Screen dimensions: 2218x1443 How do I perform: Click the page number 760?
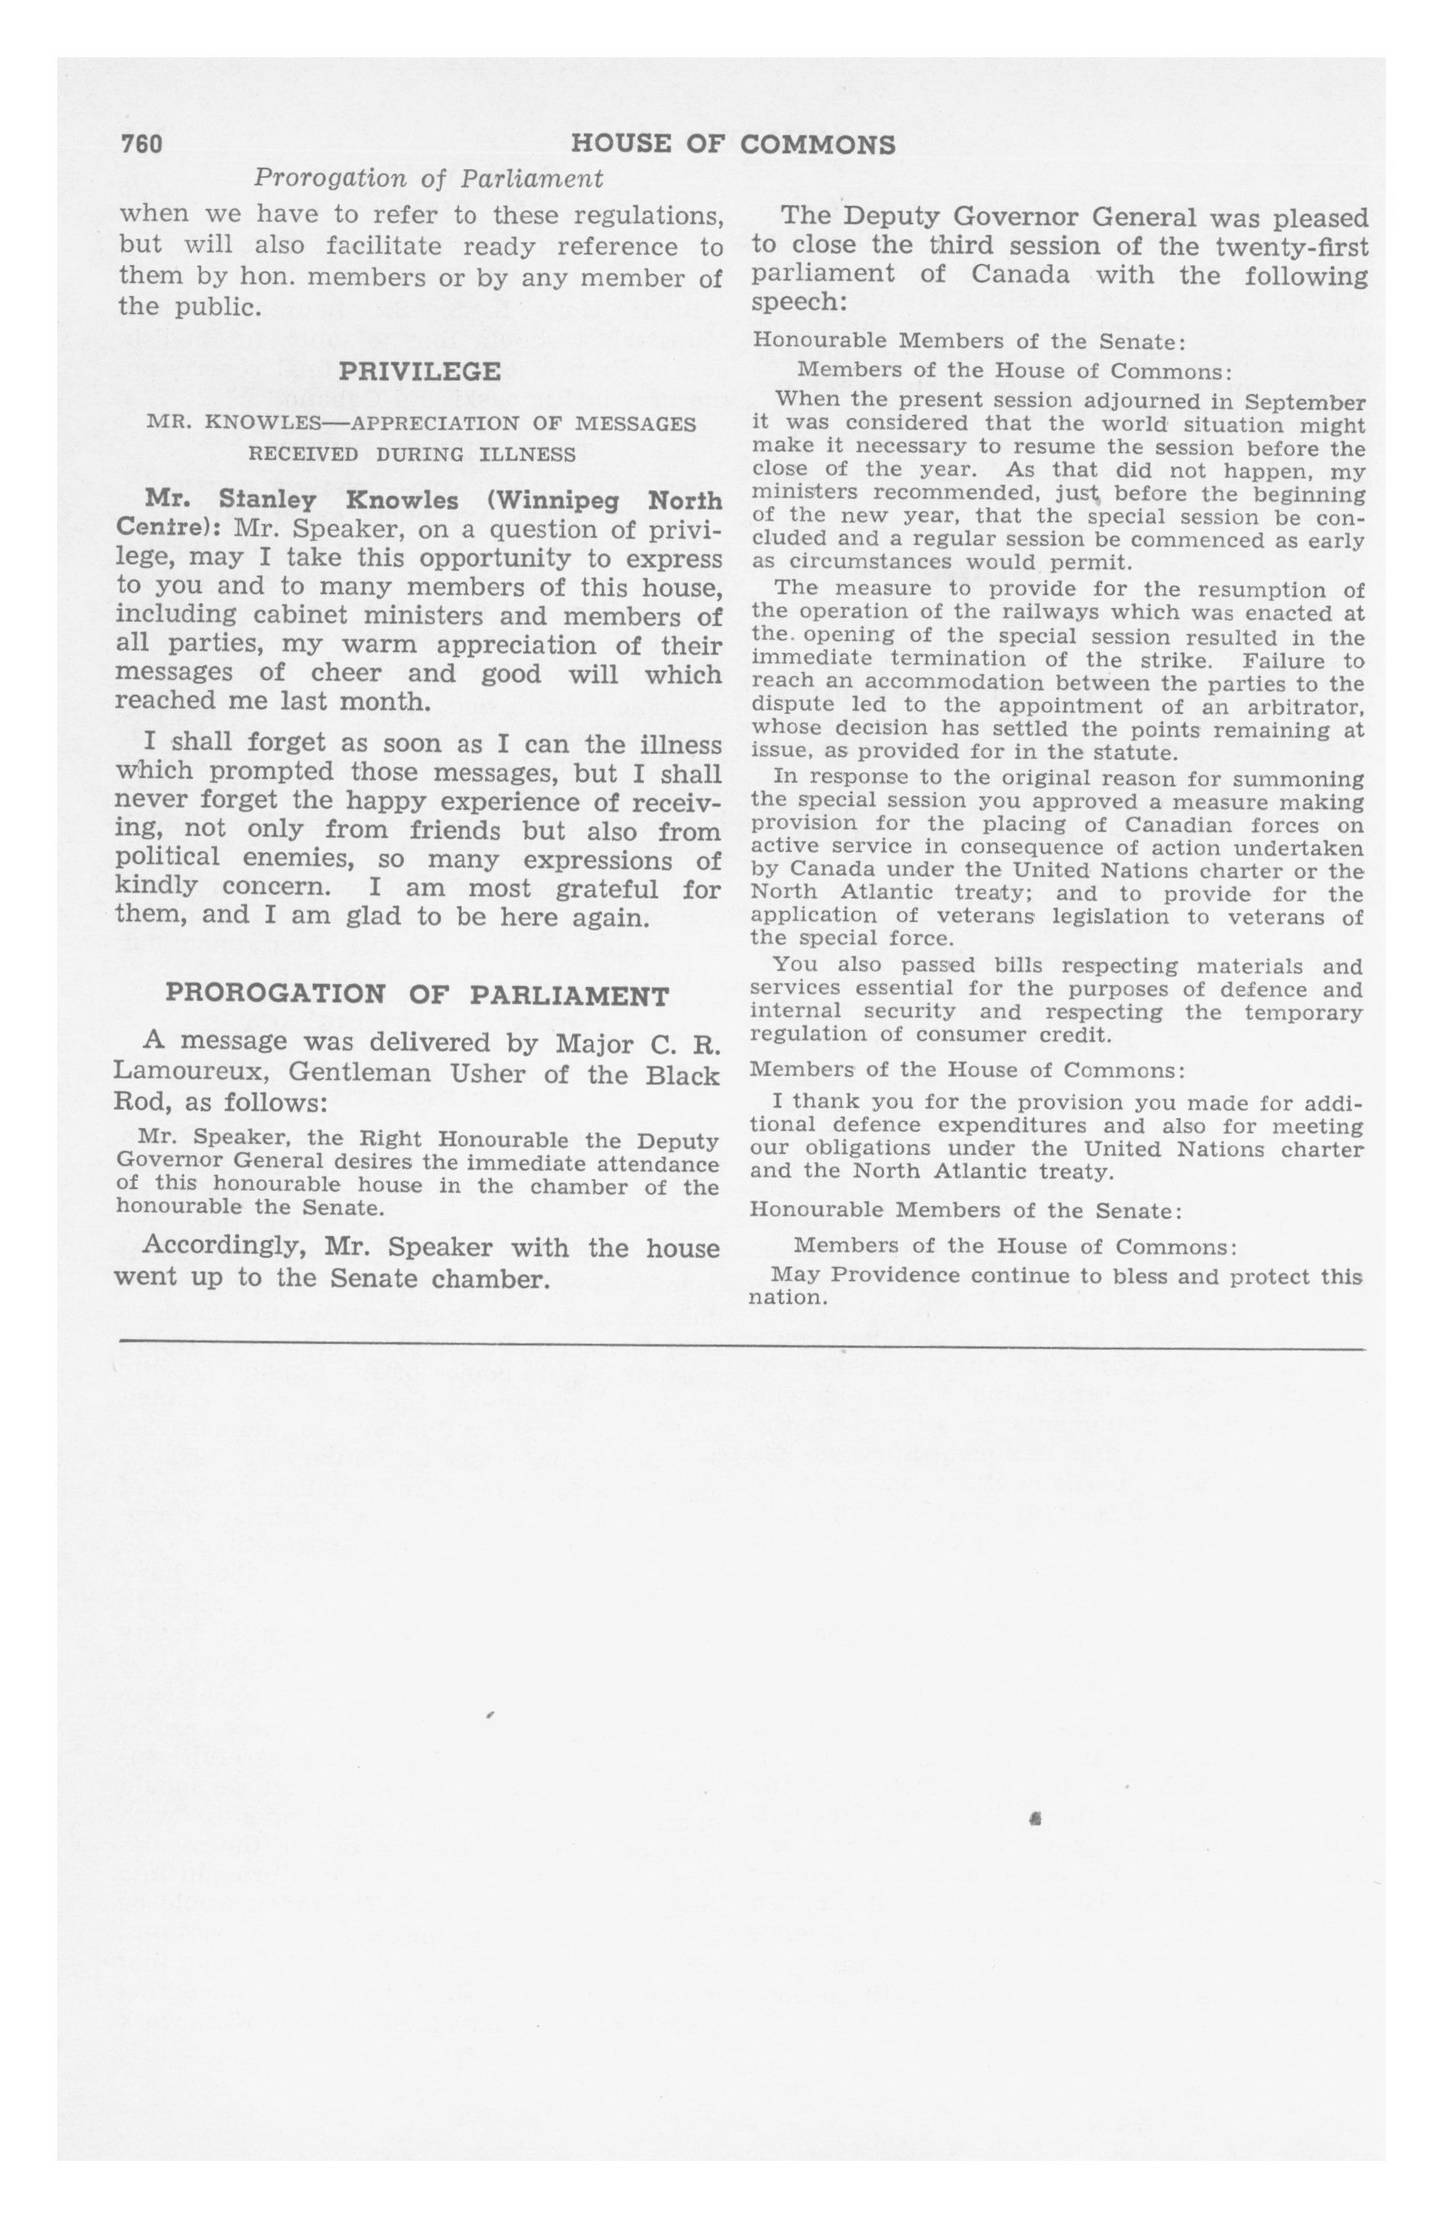tap(142, 144)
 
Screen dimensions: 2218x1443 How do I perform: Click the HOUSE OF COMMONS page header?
tap(733, 144)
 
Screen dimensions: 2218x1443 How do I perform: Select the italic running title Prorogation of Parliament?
tap(429, 177)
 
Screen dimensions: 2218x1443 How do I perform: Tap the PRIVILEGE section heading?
tap(419, 372)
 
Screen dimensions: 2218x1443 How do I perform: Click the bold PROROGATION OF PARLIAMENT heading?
tap(416, 995)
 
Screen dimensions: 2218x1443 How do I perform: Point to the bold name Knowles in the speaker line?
tap(401, 500)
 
